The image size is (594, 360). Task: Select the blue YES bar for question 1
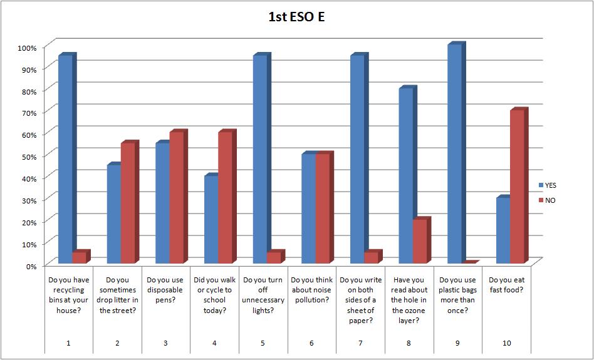pyautogui.click(x=65, y=160)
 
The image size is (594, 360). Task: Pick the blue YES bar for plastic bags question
pyautogui.click(x=455, y=154)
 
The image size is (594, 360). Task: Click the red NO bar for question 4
pyautogui.click(x=224, y=198)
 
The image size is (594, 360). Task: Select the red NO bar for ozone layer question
pyautogui.click(x=419, y=241)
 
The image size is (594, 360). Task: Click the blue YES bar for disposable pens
pyautogui.click(x=162, y=203)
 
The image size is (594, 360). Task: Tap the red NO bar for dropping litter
pyautogui.click(x=127, y=203)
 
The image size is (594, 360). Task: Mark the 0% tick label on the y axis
pyautogui.click(x=31, y=265)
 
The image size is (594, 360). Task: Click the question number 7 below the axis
pyautogui.click(x=360, y=344)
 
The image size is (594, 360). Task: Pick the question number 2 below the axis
pyautogui.click(x=117, y=344)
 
